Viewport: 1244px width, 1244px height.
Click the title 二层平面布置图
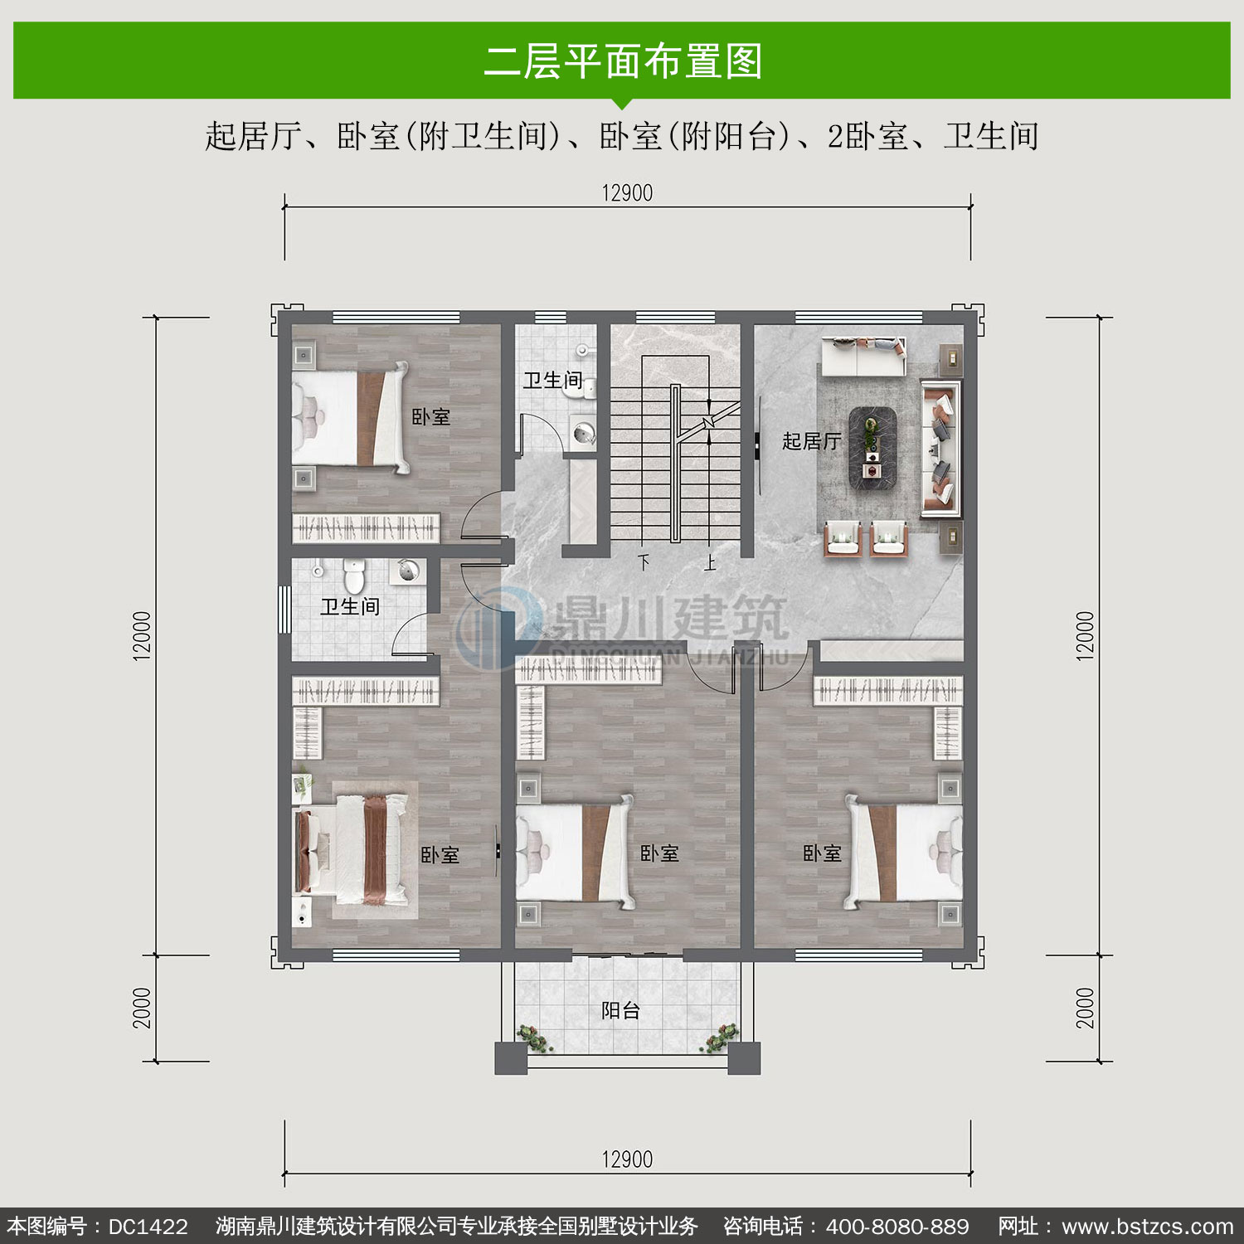pos(623,61)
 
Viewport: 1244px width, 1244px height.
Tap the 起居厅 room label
pos(811,441)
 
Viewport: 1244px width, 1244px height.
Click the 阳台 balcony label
pos(621,1010)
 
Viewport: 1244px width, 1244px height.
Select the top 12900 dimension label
pos(627,193)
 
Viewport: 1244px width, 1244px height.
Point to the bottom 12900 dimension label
pos(627,1159)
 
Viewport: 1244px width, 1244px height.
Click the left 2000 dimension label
pos(143,1008)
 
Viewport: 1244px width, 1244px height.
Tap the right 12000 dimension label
pos(1086,635)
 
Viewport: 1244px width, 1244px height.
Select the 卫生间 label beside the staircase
pos(553,381)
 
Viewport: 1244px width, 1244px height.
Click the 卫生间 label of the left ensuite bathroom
pos(350,607)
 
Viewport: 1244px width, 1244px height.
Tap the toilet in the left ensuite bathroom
pos(354,576)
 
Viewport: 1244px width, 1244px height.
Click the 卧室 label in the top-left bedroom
pos(431,417)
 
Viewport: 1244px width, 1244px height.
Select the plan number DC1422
pos(148,1227)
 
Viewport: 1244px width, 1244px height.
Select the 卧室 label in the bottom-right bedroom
pos(822,853)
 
